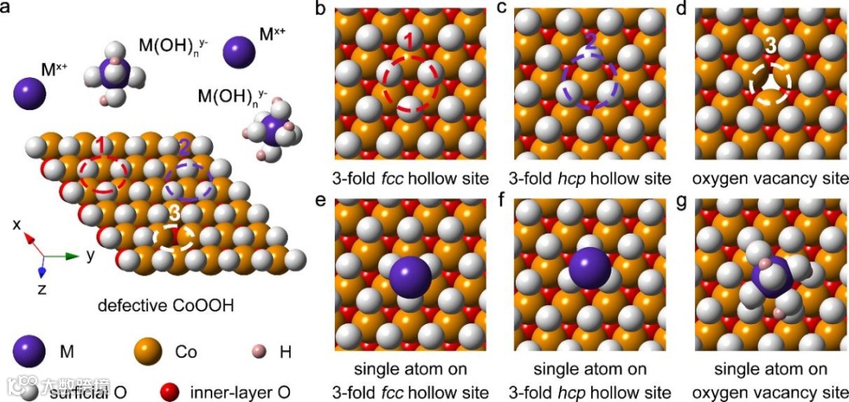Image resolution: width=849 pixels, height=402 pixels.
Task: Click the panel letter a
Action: pyautogui.click(x=6, y=11)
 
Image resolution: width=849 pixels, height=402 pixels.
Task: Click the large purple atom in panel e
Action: pyautogui.click(x=410, y=277)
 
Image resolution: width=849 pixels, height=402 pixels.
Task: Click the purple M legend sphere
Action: pyautogui.click(x=29, y=352)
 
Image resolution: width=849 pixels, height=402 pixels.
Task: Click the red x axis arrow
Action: pyautogui.click(x=30, y=239)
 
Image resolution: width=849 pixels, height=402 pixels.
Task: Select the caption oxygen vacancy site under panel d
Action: pyautogui.click(x=773, y=178)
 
